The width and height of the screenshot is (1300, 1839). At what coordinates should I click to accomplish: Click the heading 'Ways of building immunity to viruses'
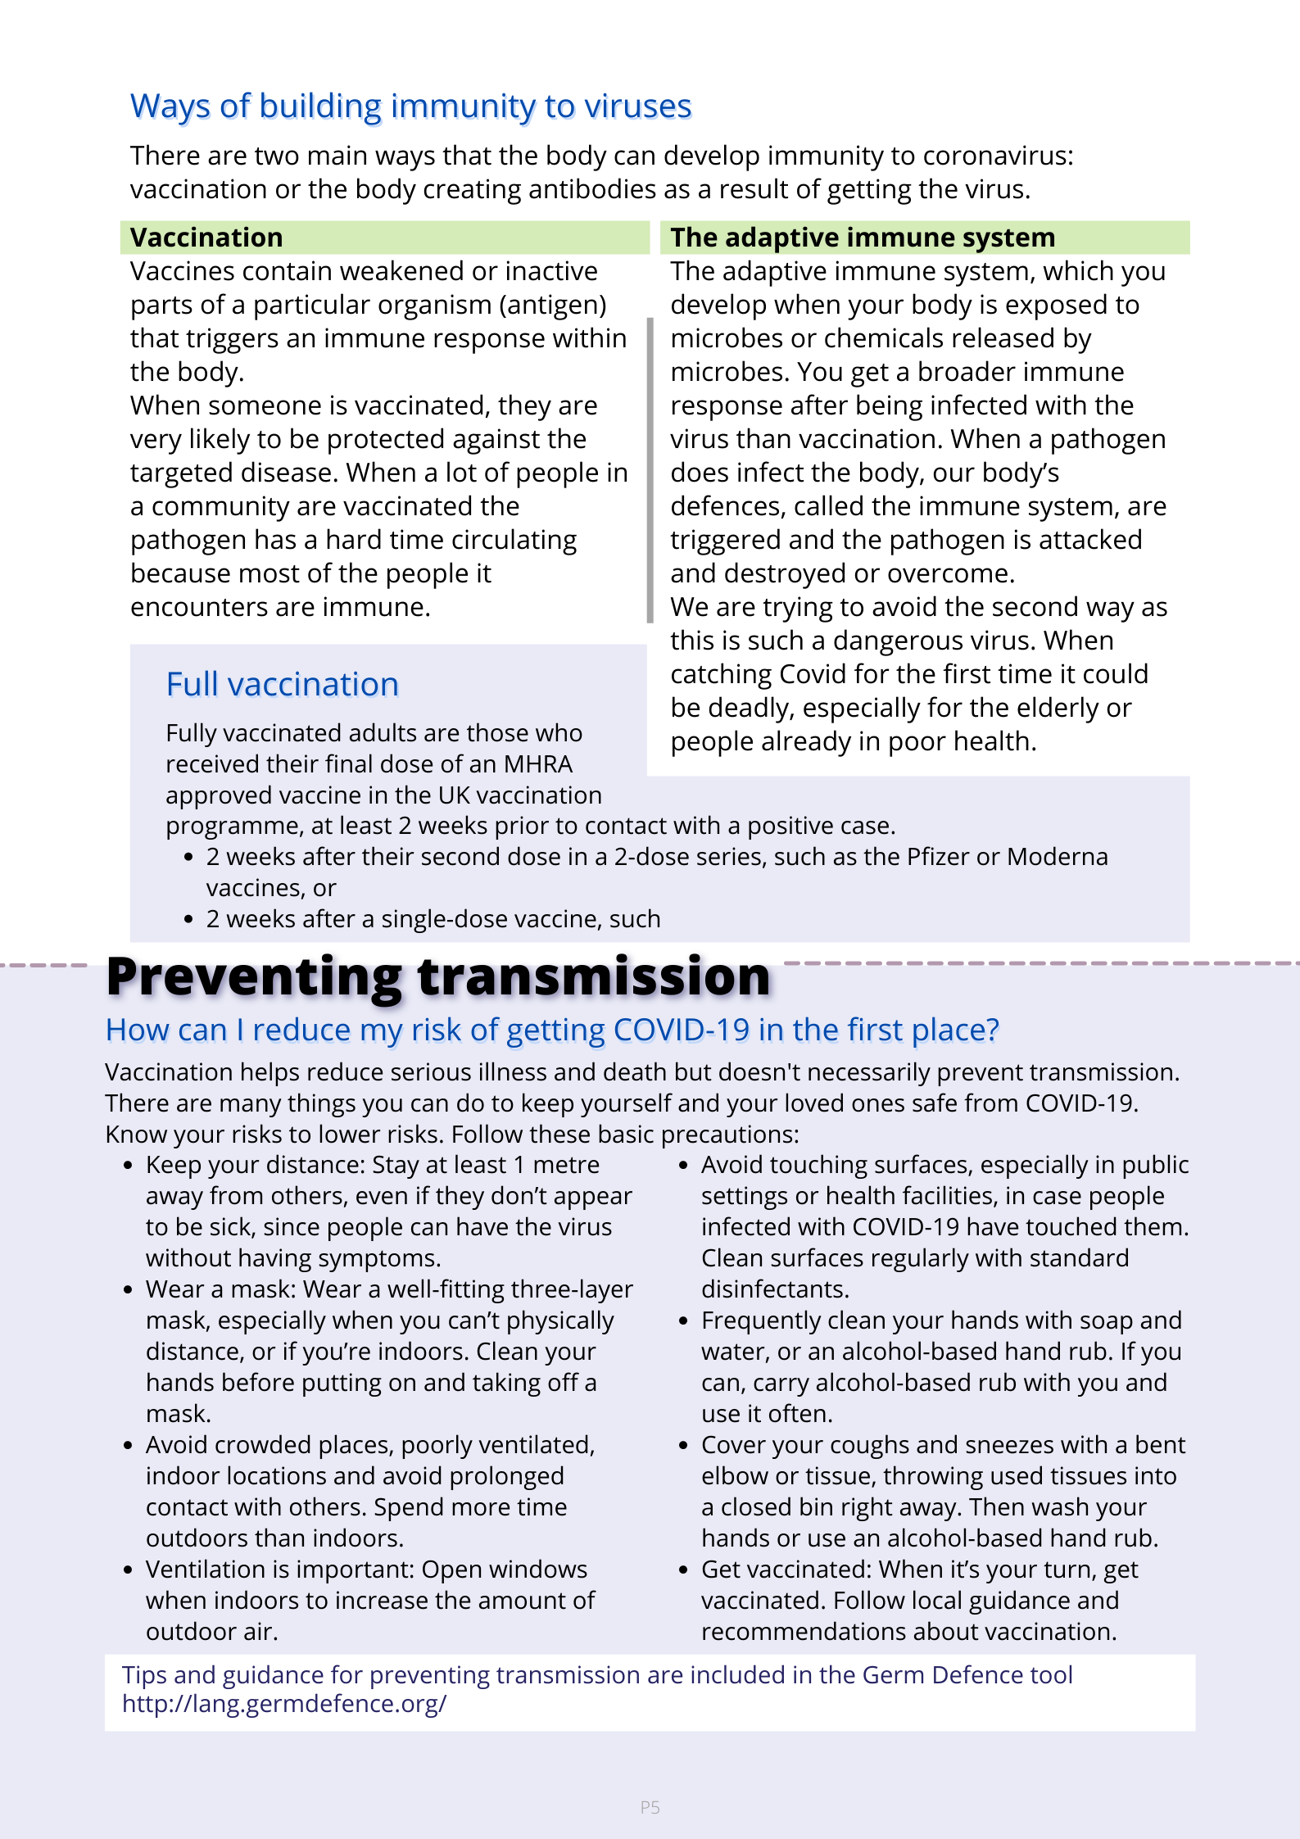point(410,106)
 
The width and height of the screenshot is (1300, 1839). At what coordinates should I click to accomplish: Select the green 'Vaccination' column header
point(206,238)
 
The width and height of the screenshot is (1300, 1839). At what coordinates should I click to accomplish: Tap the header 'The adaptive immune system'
point(862,238)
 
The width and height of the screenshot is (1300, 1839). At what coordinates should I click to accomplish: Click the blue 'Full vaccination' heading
point(282,685)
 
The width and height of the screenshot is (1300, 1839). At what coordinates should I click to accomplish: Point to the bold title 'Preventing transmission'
point(438,976)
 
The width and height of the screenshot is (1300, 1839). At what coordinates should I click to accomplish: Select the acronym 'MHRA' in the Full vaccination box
point(537,764)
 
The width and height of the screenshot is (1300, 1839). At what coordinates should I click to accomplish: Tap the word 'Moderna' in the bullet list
point(1057,857)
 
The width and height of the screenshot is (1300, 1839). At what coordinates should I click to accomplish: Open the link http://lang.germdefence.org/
point(284,1704)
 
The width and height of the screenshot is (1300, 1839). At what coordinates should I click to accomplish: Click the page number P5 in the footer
point(650,1807)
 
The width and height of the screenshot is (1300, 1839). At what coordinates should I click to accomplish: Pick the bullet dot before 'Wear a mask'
point(128,1290)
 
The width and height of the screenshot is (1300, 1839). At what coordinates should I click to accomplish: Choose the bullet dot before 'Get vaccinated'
point(683,1570)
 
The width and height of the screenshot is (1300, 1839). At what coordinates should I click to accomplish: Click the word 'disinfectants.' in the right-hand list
point(775,1289)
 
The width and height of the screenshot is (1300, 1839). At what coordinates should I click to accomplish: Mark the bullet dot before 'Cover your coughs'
point(683,1446)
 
